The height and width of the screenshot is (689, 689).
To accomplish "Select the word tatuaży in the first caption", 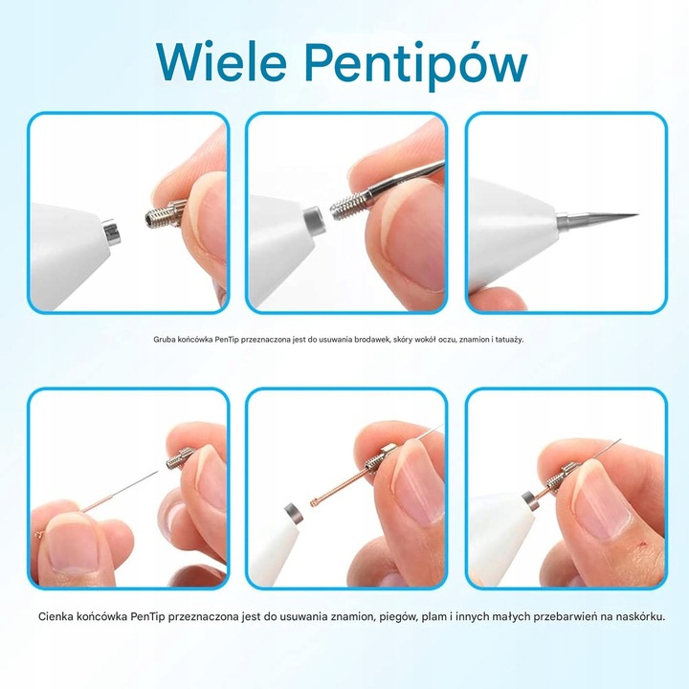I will [508, 339].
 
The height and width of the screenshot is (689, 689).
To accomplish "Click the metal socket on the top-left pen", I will [113, 233].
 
